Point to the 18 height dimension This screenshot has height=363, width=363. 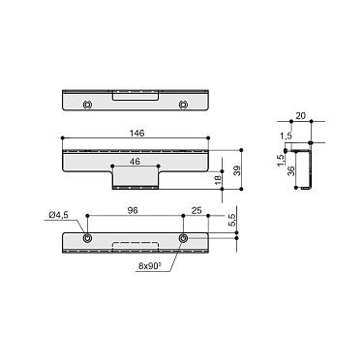pos(220,177)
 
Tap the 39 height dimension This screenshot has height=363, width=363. pos(235,170)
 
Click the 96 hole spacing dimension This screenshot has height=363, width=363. pos(135,210)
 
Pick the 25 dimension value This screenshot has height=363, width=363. pos(197,210)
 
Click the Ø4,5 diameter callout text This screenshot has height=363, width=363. pos(57,214)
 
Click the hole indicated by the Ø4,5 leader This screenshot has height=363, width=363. pos(87,236)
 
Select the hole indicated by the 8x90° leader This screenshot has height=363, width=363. pos(184,236)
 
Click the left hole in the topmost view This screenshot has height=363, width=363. pos(87,104)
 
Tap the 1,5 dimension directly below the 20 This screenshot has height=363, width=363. pos(287,135)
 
